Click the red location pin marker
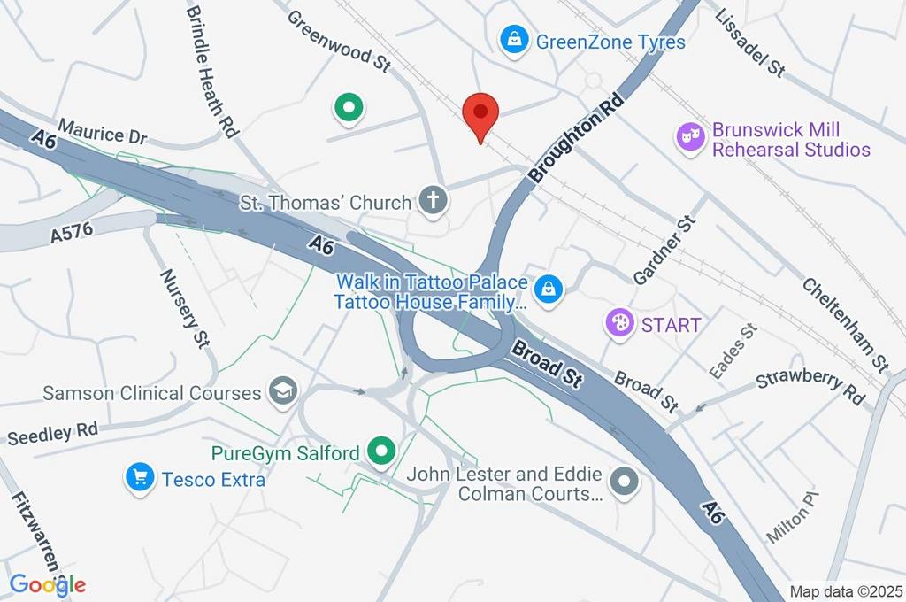pos(480,114)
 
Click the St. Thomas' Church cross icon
pos(434,202)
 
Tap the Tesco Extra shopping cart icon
pos(139,478)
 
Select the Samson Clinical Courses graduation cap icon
pos(284,391)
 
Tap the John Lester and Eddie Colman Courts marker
pos(626,482)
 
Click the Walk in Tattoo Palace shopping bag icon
pos(549,289)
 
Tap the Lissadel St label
pos(749,43)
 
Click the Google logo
pos(48,584)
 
